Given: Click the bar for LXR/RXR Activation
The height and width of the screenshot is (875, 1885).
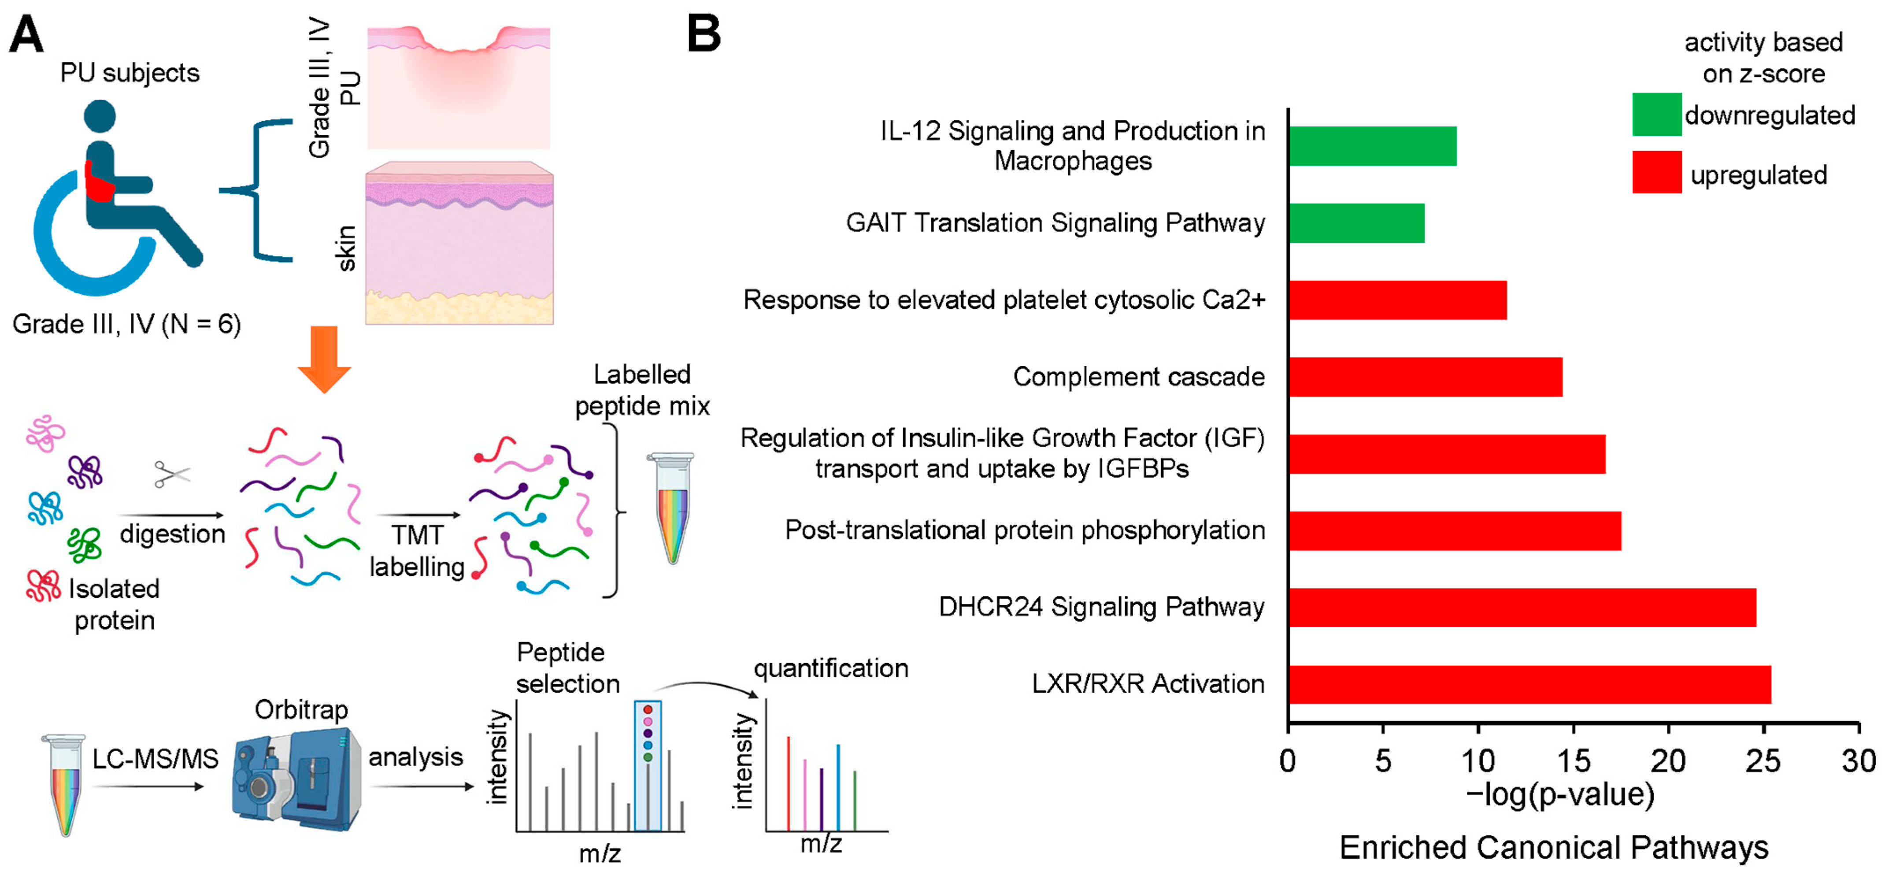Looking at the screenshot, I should point(1529,684).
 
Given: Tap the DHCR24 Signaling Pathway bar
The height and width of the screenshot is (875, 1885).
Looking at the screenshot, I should point(1522,607).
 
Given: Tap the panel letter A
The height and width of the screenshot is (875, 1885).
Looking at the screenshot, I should point(26,34).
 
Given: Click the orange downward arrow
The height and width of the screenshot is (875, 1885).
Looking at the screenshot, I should point(324,359).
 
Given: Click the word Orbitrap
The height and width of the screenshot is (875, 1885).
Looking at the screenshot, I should point(301,710).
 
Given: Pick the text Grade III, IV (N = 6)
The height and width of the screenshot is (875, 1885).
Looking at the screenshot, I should point(126,324).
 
